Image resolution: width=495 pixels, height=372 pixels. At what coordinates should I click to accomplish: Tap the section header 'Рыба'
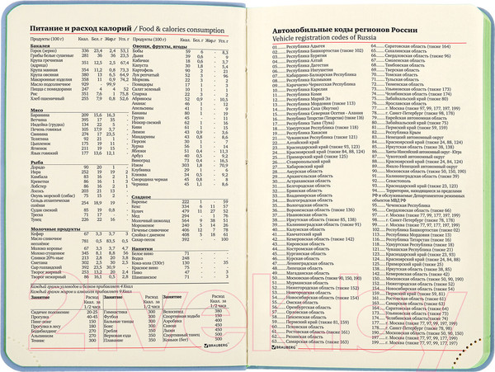point(34,166)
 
